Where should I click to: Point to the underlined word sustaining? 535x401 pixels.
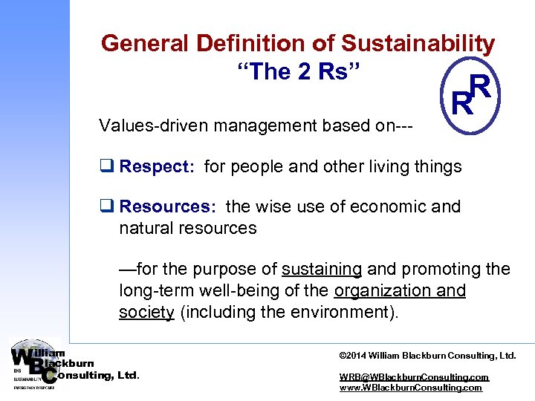pyautogui.click(x=322, y=269)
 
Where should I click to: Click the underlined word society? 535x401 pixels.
pyautogui.click(x=146, y=312)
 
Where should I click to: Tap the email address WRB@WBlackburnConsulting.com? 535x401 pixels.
pyautogui.click(x=414, y=377)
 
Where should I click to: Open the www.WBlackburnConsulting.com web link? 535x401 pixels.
pyautogui.click(x=410, y=388)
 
